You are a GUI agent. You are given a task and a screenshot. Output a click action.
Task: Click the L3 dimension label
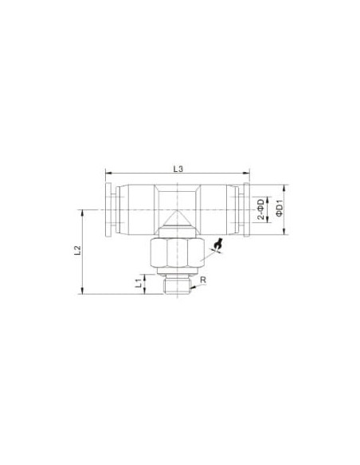point(178,169)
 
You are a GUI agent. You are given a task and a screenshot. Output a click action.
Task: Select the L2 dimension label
point(77,250)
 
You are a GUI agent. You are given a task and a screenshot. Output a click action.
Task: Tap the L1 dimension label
point(138,283)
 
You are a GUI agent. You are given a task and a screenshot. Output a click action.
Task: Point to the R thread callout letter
point(203,279)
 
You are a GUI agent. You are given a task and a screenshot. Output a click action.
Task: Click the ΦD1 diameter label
point(279,209)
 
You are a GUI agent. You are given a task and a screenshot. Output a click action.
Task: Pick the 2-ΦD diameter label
point(260,209)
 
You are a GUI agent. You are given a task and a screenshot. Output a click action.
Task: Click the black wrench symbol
point(219,244)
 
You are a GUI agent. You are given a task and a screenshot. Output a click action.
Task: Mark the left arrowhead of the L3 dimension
point(108,173)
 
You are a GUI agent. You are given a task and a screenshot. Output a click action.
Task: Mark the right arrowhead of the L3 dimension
point(246,173)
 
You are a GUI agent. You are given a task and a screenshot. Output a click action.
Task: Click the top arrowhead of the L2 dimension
point(82,213)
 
